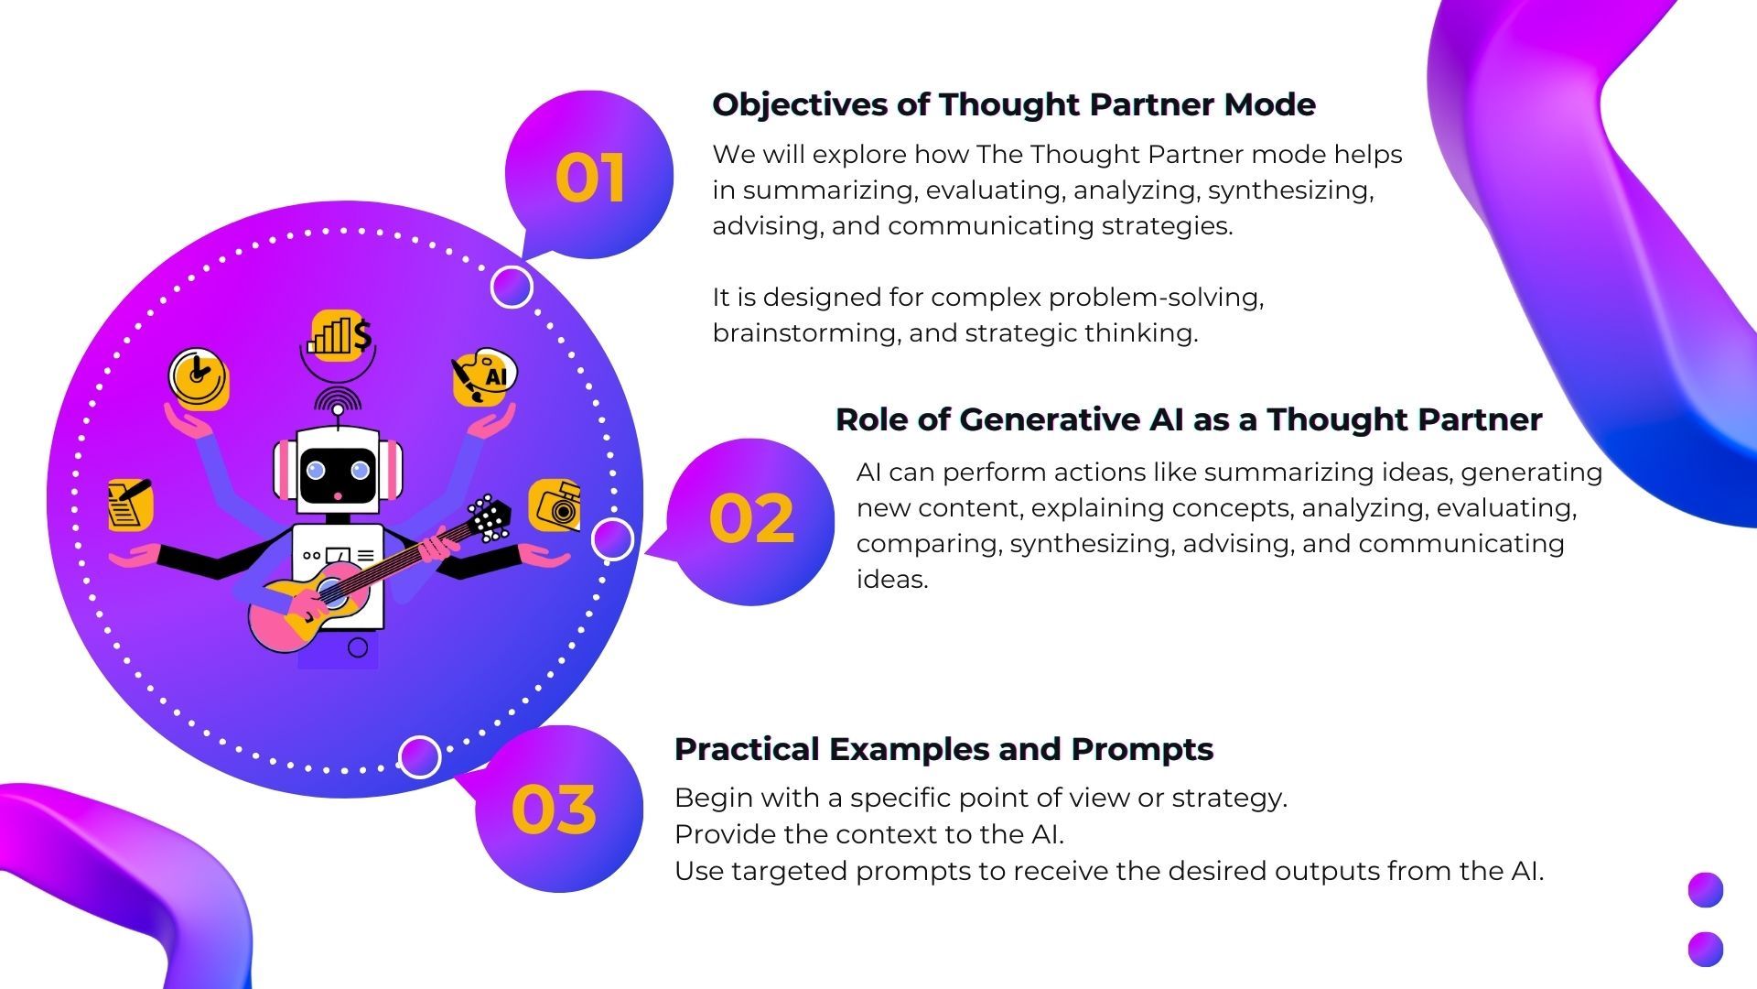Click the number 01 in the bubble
590,178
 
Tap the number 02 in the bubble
751,519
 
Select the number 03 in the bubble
554,810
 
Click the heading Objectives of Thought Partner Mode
1014,104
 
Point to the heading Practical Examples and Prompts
943,749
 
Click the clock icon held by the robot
199,378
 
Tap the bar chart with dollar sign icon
340,335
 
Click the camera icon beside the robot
555,505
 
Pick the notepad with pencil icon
129,504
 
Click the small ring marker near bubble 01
512,288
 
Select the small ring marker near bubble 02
612,539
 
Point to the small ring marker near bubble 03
420,757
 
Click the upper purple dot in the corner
1706,890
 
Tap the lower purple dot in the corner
1706,949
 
